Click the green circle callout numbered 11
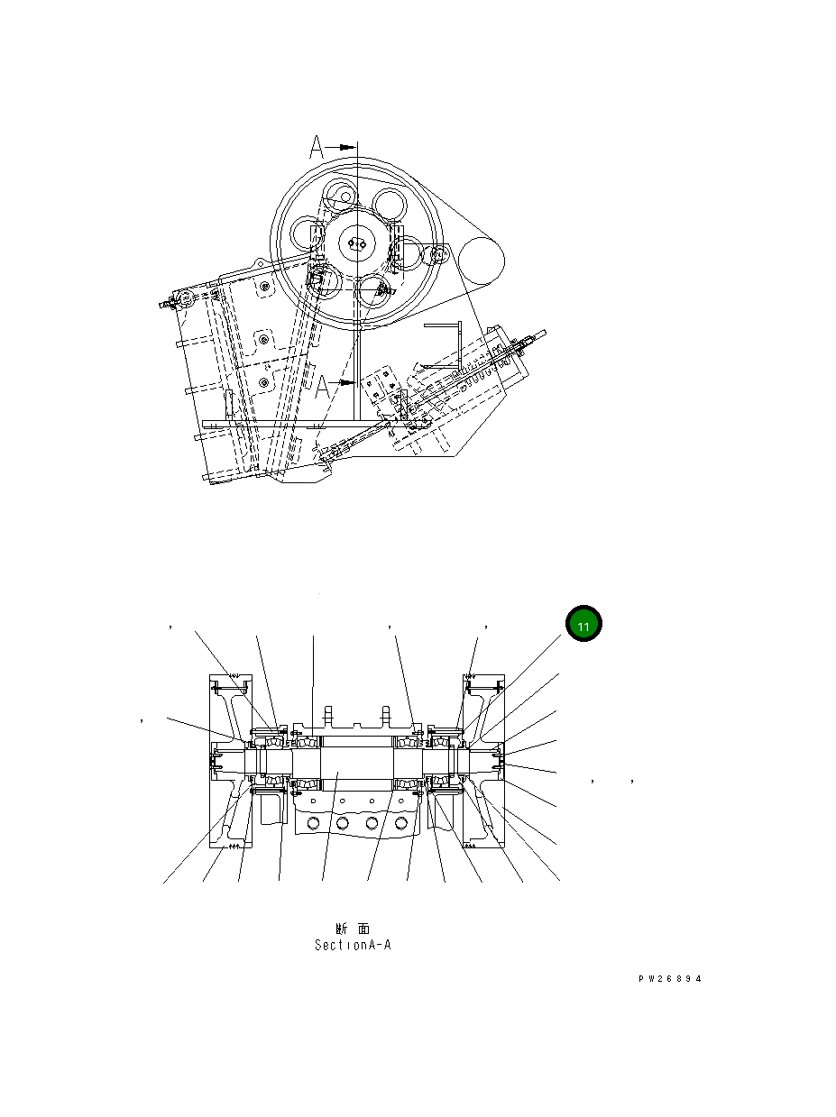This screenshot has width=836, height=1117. click(583, 624)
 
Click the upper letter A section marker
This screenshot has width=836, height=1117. click(317, 147)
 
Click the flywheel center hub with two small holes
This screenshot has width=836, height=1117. click(358, 243)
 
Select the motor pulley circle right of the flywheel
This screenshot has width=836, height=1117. click(481, 261)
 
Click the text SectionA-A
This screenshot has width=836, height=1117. click(353, 946)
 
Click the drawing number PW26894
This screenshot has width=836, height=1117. click(668, 979)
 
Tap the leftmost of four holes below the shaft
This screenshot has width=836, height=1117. click(313, 823)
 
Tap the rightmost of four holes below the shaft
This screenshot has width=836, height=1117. click(401, 823)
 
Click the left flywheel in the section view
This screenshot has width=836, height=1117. click(230, 762)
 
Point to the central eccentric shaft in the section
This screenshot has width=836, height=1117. click(352, 762)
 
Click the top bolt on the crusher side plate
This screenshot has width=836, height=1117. click(264, 287)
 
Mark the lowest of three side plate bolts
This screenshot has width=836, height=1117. click(263, 383)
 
